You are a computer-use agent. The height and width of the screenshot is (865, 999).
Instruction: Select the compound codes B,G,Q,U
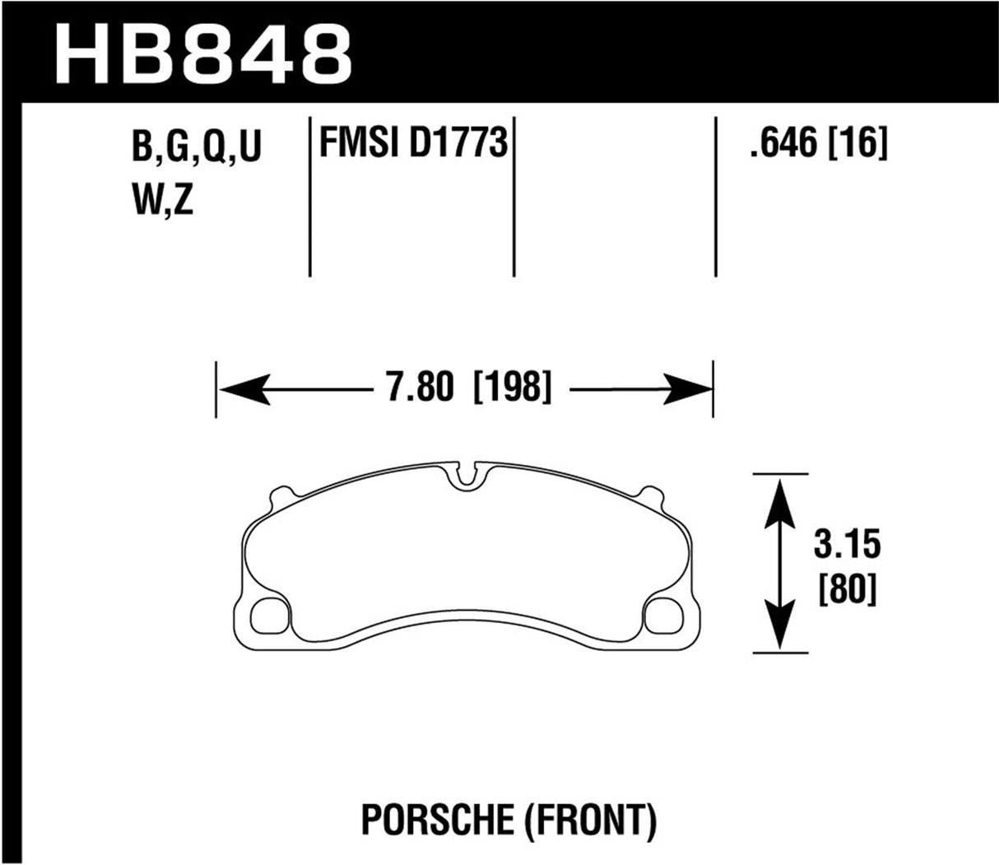[196, 151]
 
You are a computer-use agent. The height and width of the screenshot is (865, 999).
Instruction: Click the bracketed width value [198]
[511, 386]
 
